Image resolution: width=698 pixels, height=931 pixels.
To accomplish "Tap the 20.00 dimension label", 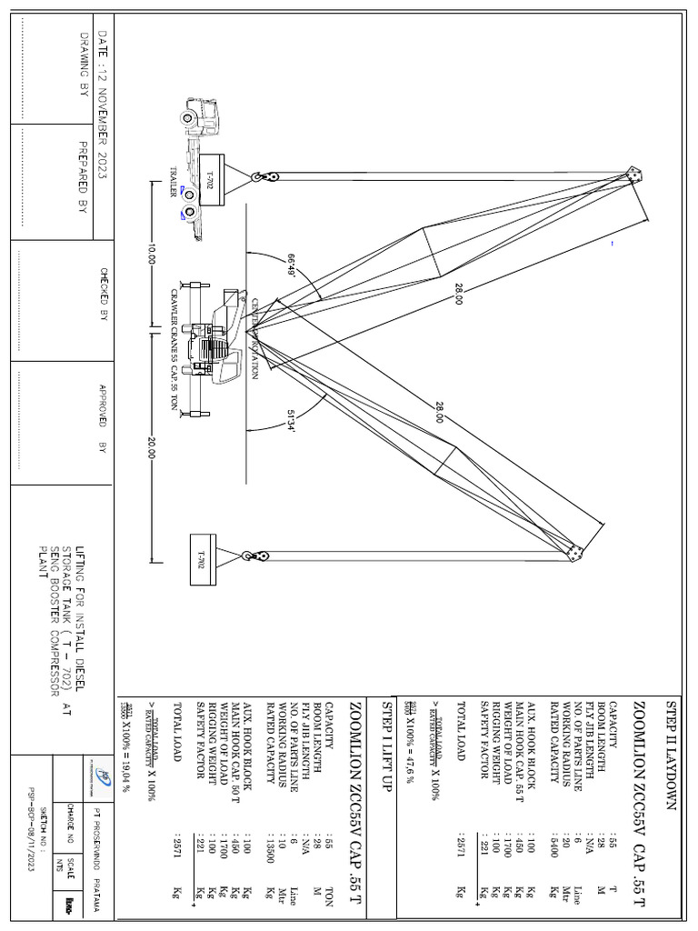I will [x=151, y=449].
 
